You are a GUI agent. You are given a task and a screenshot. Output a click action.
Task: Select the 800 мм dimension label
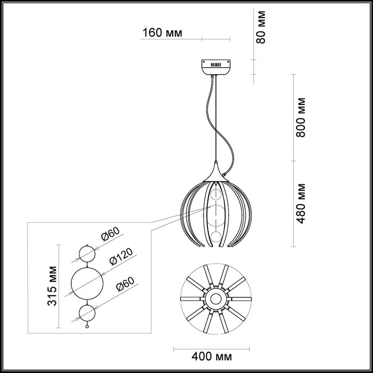click(x=302, y=117)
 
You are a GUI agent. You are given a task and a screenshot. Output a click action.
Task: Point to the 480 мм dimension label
click(x=302, y=203)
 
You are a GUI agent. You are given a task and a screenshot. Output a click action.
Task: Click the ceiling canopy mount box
click(x=216, y=67)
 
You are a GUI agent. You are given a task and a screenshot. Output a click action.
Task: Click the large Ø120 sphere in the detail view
click(x=86, y=282)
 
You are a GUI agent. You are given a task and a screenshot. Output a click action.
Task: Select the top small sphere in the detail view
click(x=86, y=253)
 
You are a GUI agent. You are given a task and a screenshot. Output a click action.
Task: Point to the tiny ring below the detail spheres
click(x=86, y=325)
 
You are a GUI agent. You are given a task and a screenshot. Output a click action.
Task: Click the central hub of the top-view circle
click(x=216, y=298)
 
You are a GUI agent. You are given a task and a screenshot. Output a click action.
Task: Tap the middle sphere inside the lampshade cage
click(x=216, y=213)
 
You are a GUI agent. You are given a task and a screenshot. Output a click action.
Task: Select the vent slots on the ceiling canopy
click(x=216, y=64)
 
